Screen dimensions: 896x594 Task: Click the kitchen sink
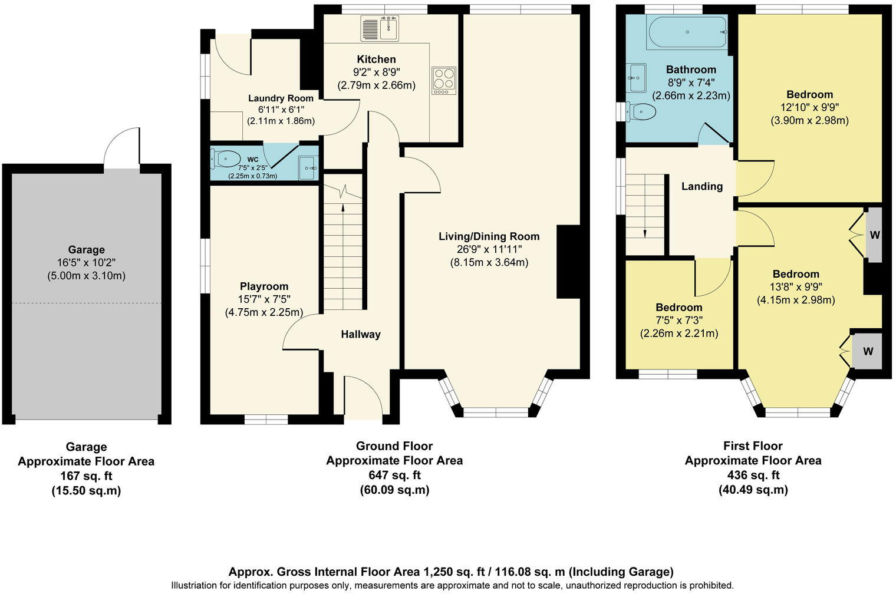click(x=380, y=28)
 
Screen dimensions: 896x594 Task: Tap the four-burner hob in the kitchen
click(x=444, y=80)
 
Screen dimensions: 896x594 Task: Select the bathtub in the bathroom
click(x=687, y=32)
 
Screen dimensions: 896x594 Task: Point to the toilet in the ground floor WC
click(x=225, y=159)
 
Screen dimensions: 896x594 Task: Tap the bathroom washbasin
click(x=637, y=78)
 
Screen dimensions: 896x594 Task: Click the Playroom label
click(x=264, y=286)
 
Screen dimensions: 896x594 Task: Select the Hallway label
click(x=360, y=334)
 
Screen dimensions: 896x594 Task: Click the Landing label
click(x=702, y=186)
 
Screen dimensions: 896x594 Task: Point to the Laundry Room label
click(x=281, y=98)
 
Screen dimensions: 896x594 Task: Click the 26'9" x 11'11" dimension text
click(x=489, y=249)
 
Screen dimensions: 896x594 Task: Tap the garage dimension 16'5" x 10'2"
click(x=87, y=262)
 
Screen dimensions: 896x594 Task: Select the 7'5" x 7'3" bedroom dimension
click(x=679, y=321)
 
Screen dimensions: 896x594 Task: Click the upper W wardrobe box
click(x=874, y=235)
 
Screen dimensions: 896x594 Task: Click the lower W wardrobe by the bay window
click(x=867, y=351)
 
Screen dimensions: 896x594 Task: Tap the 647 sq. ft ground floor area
click(x=394, y=475)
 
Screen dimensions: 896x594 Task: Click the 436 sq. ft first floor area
click(x=753, y=475)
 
